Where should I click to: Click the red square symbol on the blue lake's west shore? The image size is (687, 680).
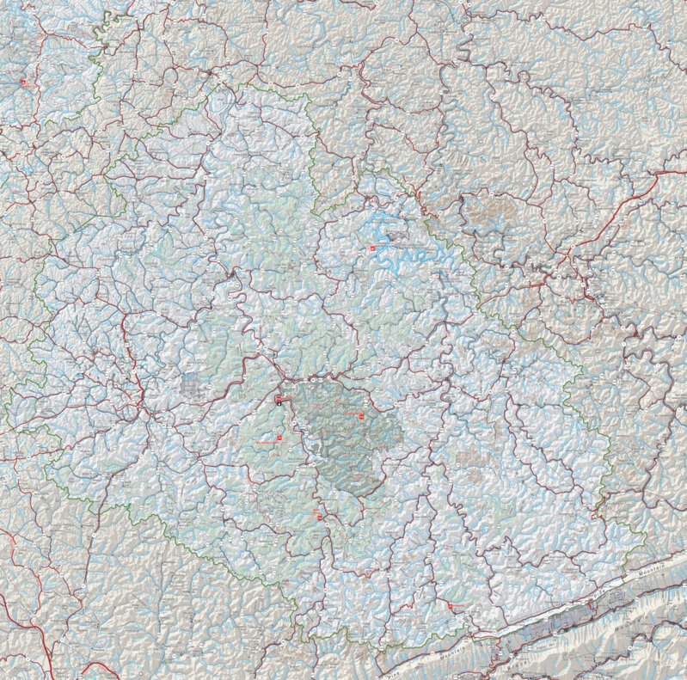coord(372,248)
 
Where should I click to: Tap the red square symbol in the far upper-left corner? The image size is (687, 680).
coord(24,83)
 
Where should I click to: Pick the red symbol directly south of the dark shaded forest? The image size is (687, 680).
coord(317,517)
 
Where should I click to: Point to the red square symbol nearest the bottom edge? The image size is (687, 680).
coord(452,607)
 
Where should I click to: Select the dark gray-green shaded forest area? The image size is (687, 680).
coord(344,438)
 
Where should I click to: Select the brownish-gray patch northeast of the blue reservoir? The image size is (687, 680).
coord(490,215)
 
